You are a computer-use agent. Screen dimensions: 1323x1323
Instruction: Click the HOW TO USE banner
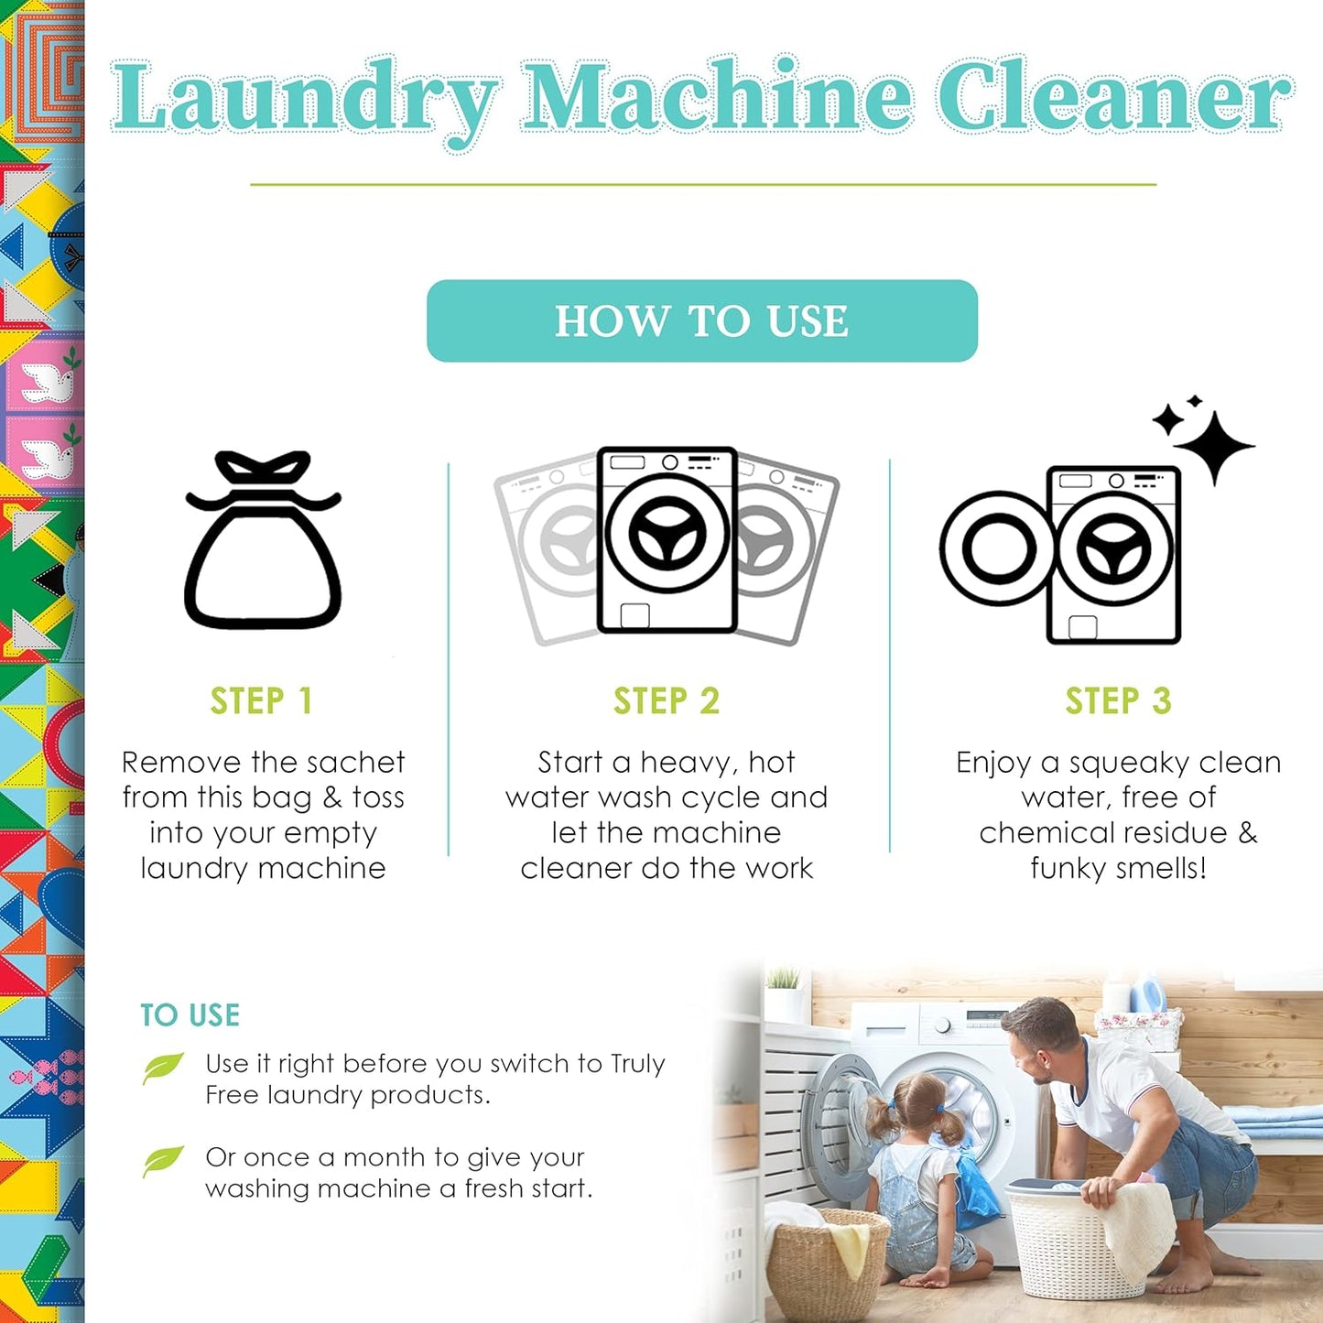702,320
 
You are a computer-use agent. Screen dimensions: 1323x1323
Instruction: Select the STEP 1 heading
262,701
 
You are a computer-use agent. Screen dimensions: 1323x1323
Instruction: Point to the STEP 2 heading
667,701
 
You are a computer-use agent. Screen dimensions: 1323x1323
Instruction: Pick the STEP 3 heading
1118,701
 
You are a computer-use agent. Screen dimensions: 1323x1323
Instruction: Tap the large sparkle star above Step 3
1214,445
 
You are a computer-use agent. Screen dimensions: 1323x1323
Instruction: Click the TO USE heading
190,1014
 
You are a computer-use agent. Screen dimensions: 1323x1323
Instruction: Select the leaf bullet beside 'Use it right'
163,1068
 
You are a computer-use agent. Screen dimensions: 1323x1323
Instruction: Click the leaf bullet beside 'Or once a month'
163,1160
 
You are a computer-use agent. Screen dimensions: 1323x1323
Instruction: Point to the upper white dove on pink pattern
48,383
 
